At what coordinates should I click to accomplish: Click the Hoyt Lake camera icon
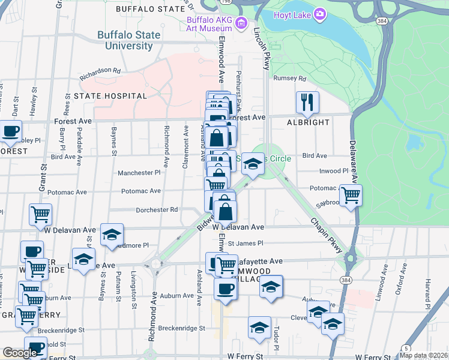click(x=320, y=14)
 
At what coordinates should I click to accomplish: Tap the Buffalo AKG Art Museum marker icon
click(x=241, y=23)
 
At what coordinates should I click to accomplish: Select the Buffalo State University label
click(x=129, y=40)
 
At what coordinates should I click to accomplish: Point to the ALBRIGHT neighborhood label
click(x=308, y=122)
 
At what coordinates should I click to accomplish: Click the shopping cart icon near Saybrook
click(x=351, y=194)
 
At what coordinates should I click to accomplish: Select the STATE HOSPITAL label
click(x=110, y=96)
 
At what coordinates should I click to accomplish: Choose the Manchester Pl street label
click(x=139, y=173)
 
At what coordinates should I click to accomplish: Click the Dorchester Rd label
click(x=157, y=210)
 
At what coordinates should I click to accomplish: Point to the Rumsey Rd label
click(x=289, y=79)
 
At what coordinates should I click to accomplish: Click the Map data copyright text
click(x=423, y=355)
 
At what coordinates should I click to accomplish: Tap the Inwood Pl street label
click(x=334, y=171)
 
